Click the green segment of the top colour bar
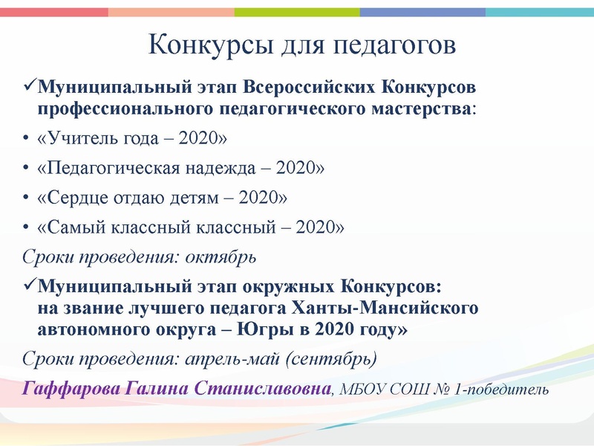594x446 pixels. (x=297, y=13)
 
